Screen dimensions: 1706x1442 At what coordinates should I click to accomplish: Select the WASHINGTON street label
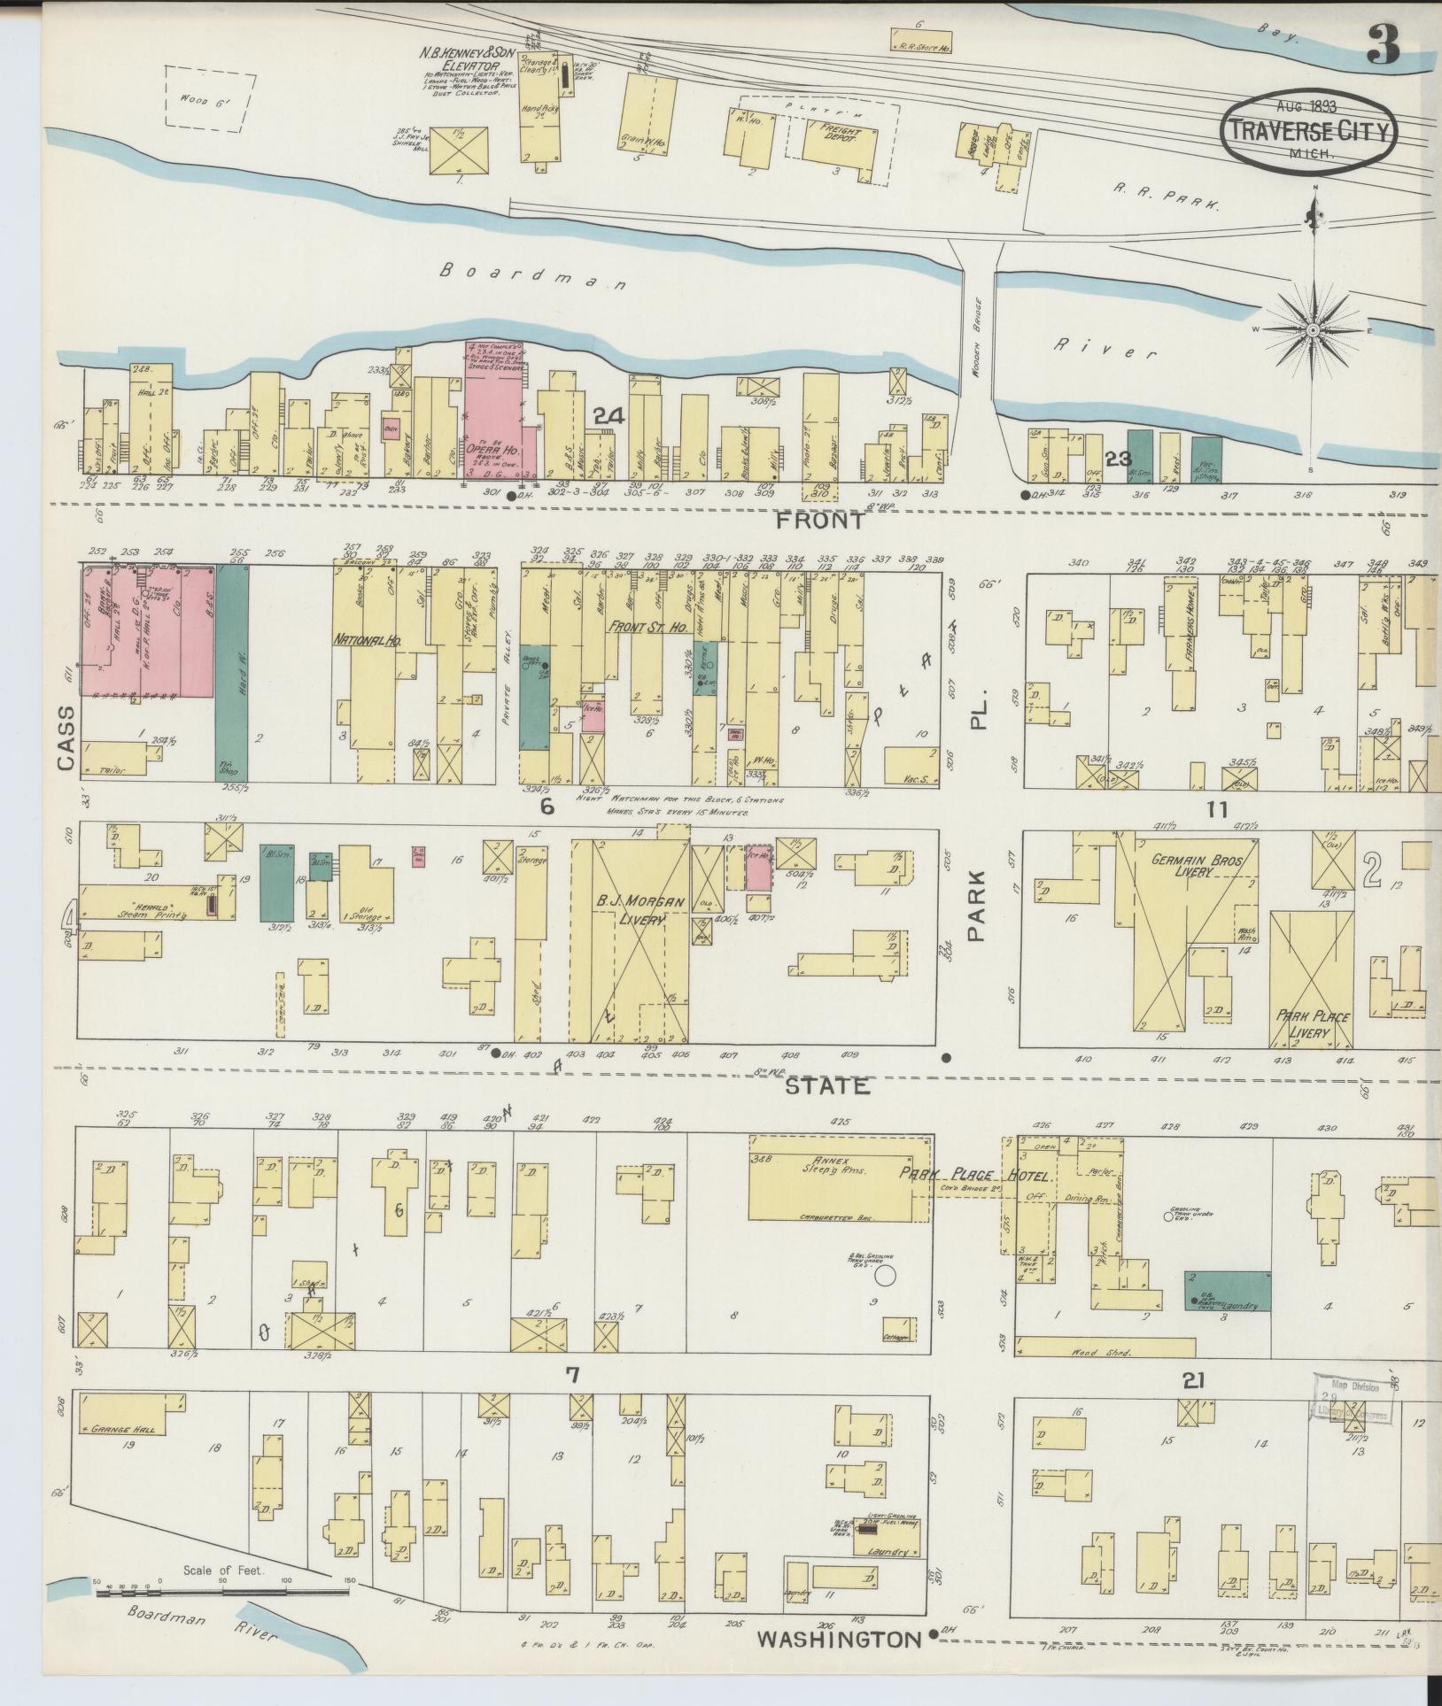(839, 1640)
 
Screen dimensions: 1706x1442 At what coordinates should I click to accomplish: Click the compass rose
(1313, 330)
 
